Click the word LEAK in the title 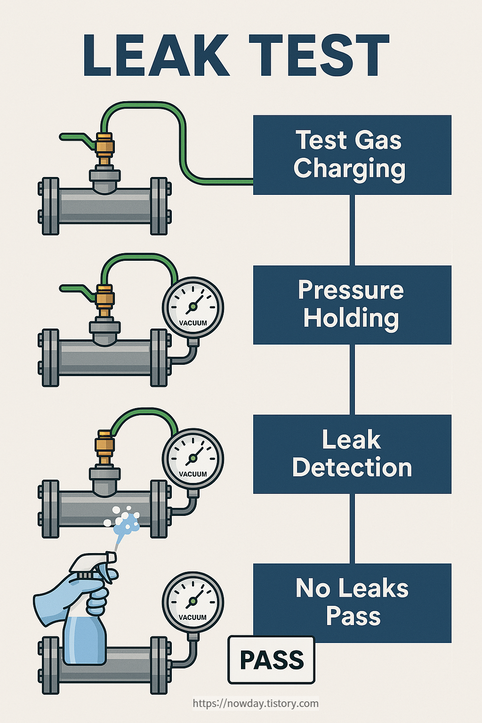pyautogui.click(x=156, y=56)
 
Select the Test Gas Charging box pyautogui.click(x=352, y=155)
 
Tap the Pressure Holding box pyautogui.click(x=352, y=305)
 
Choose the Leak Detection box pyautogui.click(x=352, y=454)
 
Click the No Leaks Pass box pyautogui.click(x=352, y=602)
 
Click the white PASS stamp pyautogui.click(x=271, y=660)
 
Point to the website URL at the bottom pyautogui.click(x=256, y=703)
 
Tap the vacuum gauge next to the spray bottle pyautogui.click(x=193, y=602)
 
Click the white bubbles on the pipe pyautogui.click(x=123, y=519)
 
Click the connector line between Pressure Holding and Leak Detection pyautogui.click(x=352, y=379)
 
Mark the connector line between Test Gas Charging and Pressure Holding pyautogui.click(x=352, y=230)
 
